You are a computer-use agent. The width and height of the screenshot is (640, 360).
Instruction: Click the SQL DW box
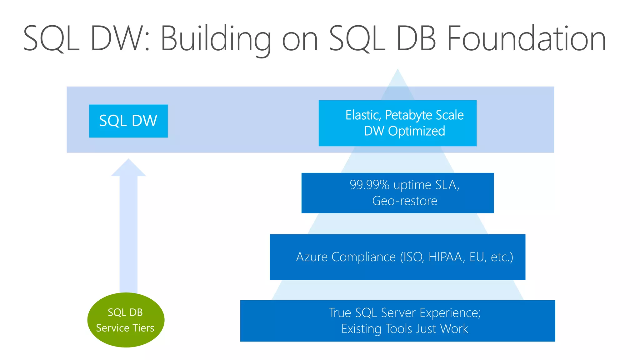click(128, 121)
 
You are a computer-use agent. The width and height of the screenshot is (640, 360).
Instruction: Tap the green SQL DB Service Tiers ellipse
click(126, 320)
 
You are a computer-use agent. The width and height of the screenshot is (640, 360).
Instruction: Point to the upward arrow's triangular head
click(128, 169)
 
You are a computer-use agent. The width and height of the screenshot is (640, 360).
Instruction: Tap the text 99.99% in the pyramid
click(369, 185)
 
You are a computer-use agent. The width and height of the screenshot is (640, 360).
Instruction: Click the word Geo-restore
click(404, 201)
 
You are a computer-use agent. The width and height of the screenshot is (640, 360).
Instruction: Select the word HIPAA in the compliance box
click(445, 257)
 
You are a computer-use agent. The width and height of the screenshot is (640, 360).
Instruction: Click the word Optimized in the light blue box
click(416, 131)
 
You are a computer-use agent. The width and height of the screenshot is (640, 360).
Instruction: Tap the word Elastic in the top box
click(363, 115)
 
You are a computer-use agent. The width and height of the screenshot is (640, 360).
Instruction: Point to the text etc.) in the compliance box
click(502, 257)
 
